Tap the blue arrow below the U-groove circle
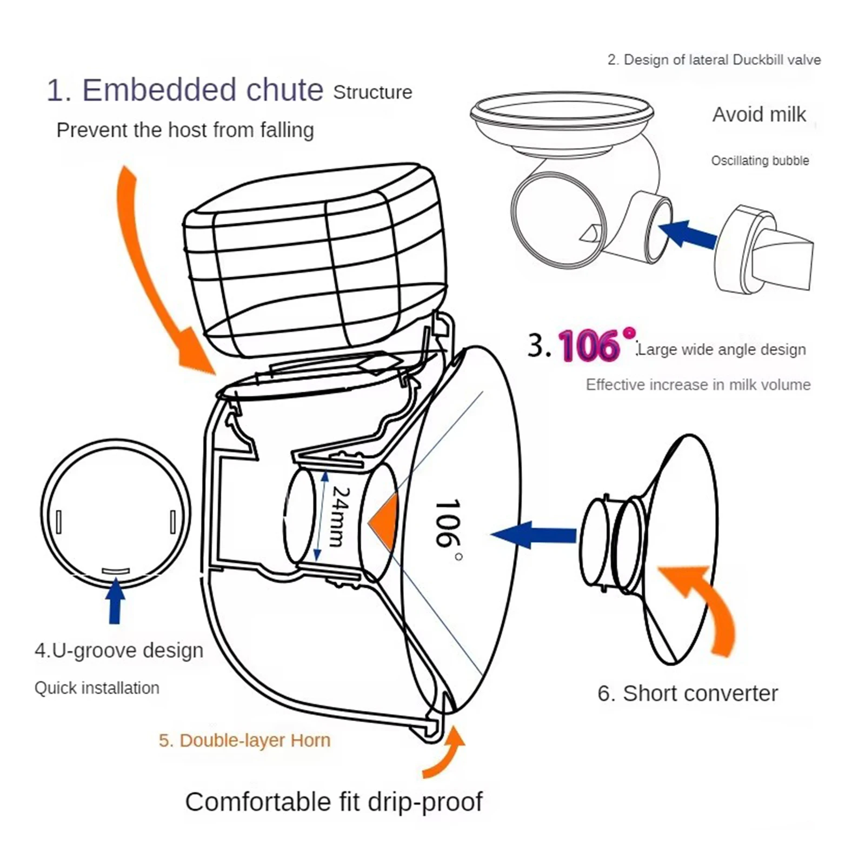pyautogui.click(x=115, y=601)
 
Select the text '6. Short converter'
pyautogui.click(x=687, y=693)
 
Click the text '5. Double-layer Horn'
pyautogui.click(x=244, y=740)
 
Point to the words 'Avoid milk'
pyautogui.click(x=758, y=115)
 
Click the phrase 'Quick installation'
pyautogui.click(x=97, y=688)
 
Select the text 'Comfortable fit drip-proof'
pyautogui.click(x=334, y=802)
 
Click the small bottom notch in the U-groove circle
pyautogui.click(x=116, y=570)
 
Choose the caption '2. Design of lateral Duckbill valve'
pyautogui.click(x=714, y=59)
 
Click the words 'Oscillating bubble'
pyautogui.click(x=760, y=161)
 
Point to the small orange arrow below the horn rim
pyautogui.click(x=445, y=754)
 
